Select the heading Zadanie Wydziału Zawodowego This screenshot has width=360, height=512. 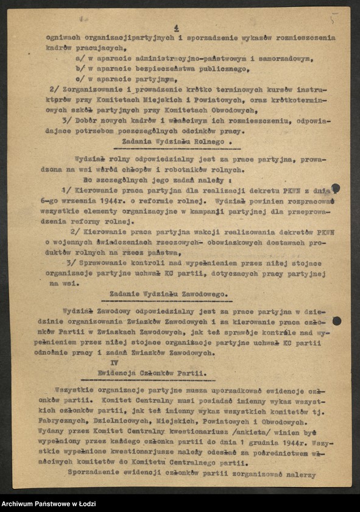[170, 293]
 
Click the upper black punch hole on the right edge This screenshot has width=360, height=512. [336, 190]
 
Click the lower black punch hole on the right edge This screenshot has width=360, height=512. [336, 321]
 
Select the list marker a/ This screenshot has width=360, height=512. [80, 59]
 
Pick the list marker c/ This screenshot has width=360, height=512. [80, 79]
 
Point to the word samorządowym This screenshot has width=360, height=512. [283, 59]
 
